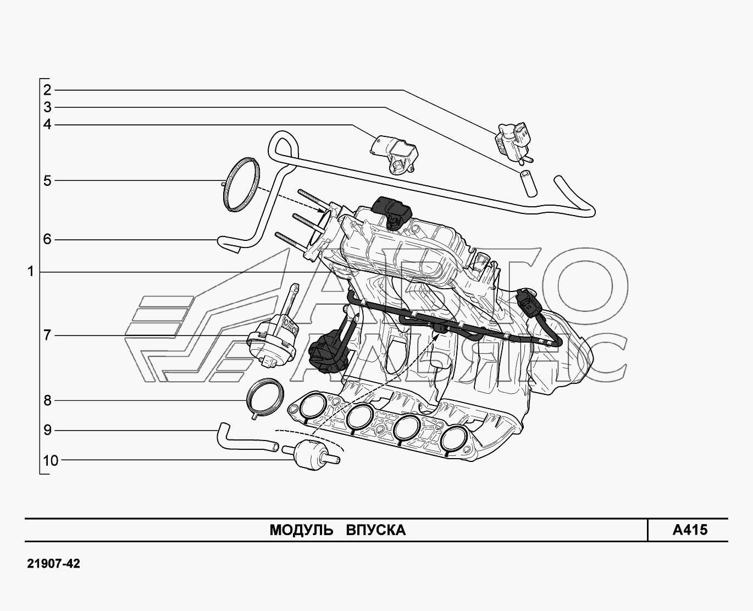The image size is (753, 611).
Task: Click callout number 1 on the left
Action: coord(31,272)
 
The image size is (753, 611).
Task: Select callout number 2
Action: coord(47,90)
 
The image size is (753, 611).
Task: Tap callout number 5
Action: coord(47,181)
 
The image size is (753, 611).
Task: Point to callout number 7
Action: coord(47,335)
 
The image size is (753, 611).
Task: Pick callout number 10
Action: coord(50,460)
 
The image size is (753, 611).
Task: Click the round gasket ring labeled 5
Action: coord(241,183)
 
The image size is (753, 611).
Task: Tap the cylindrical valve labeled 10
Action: coord(309,454)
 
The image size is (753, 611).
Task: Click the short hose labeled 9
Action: coord(242,438)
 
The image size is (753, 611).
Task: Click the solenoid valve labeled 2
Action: coord(514,141)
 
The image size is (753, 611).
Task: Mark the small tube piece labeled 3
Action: coord(527,183)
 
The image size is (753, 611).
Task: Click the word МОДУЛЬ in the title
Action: coord(301,530)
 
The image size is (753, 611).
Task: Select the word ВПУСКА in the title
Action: coord(376,530)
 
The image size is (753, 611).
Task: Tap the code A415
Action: coord(690,530)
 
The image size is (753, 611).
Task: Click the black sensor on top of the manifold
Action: coord(391,211)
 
